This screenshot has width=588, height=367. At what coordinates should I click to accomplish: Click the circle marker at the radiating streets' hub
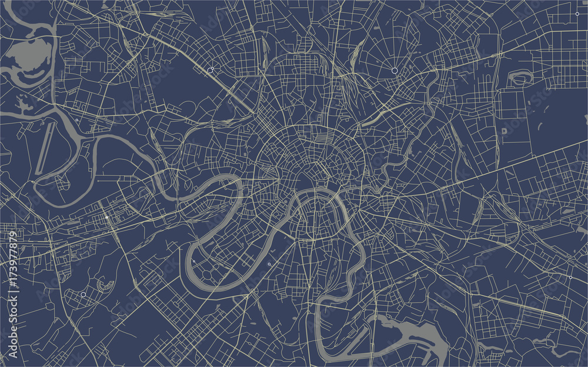click(x=395, y=71)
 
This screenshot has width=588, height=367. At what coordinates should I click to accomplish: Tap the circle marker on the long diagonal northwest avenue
click(x=211, y=71)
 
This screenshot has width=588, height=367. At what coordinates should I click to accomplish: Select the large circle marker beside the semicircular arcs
click(x=83, y=294)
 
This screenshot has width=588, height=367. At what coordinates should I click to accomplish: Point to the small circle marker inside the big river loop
click(x=193, y=261)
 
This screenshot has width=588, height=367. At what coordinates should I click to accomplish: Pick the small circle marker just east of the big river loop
click(x=269, y=264)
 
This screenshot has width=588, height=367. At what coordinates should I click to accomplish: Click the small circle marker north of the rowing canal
click(x=77, y=120)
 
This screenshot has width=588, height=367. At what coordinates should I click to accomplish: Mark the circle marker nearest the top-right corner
click(x=577, y=12)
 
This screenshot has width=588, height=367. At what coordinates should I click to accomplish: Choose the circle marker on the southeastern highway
click(x=570, y=277)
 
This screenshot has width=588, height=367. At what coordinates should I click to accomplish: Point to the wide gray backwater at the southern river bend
click(x=412, y=335)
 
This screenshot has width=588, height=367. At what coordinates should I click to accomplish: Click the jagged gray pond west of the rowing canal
click(x=24, y=106)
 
